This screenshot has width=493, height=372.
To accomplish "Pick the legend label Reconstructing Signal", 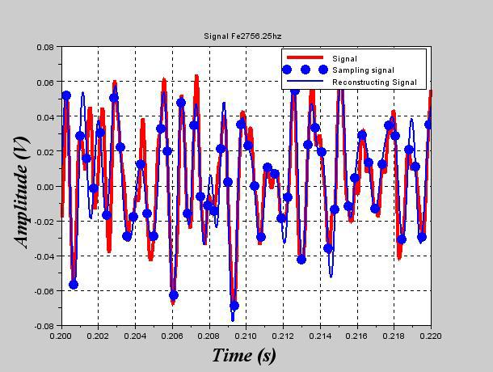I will coord(374,82).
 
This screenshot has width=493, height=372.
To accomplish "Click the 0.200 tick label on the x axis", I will coord(61,335).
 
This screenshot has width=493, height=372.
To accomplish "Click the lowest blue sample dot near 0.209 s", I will coord(234,306).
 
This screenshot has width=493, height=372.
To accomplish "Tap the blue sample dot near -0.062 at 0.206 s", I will coord(173,296).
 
